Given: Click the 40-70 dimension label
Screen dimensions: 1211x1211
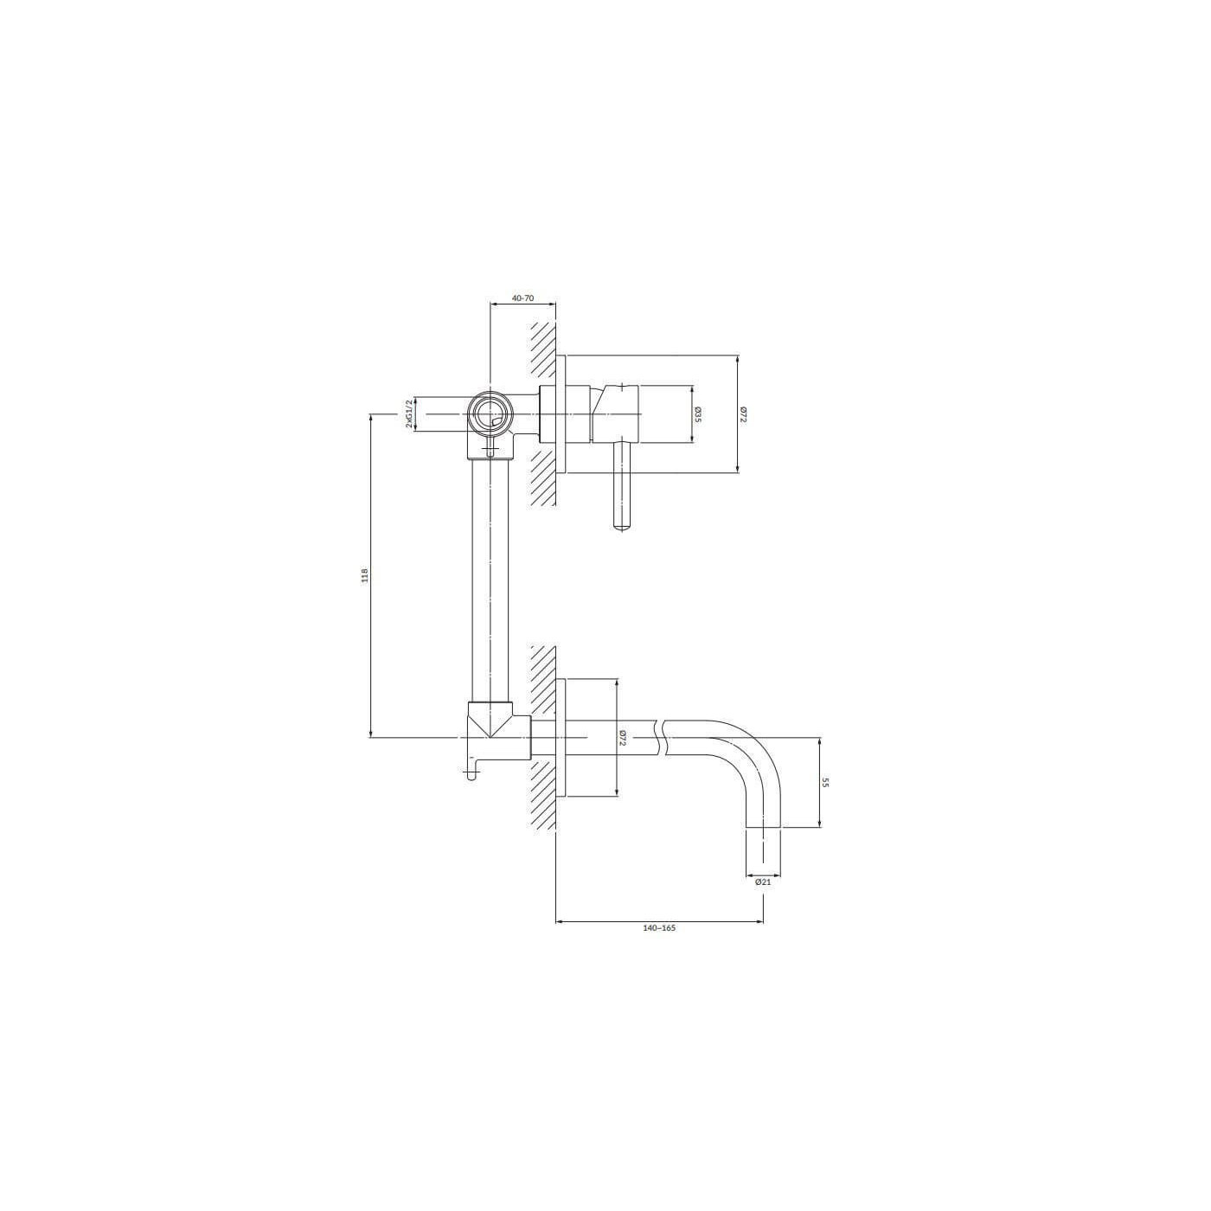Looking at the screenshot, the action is pos(522,298).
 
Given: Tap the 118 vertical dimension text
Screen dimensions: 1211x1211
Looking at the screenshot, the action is pos(363,575).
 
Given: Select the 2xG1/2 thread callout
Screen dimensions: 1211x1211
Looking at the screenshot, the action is pos(409,414).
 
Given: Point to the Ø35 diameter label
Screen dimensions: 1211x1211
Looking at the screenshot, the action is pos(698,414).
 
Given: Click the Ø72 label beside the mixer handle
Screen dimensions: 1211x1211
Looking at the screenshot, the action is pos(743,414).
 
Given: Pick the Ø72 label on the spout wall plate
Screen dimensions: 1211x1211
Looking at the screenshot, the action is pos(623,736).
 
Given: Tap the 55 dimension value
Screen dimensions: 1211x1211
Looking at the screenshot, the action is pos(826,783).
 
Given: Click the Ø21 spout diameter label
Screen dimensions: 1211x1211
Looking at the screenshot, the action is pos(763,881).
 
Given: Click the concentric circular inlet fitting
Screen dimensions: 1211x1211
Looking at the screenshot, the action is pos(489,414).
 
